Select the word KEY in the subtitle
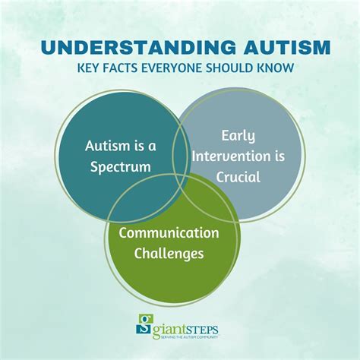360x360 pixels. pos(89,68)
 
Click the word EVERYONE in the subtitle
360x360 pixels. pos(185,68)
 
